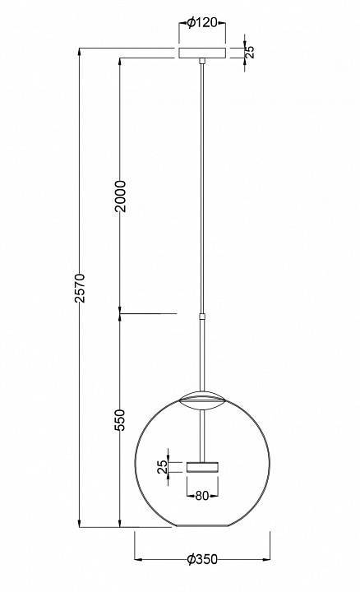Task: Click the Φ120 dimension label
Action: click(x=202, y=23)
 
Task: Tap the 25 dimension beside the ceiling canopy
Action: click(x=251, y=52)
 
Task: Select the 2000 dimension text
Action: click(x=121, y=196)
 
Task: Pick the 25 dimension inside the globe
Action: click(x=162, y=466)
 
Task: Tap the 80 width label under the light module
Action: click(x=201, y=496)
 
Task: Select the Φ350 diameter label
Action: click(x=202, y=559)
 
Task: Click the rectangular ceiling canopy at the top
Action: click(x=201, y=53)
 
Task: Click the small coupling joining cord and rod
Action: click(x=201, y=314)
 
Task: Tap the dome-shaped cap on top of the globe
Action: click(x=201, y=400)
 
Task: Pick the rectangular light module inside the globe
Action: click(x=201, y=466)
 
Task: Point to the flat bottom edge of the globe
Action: click(x=201, y=526)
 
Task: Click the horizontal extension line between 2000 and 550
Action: click(x=148, y=313)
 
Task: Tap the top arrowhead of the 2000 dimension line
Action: click(x=121, y=63)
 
